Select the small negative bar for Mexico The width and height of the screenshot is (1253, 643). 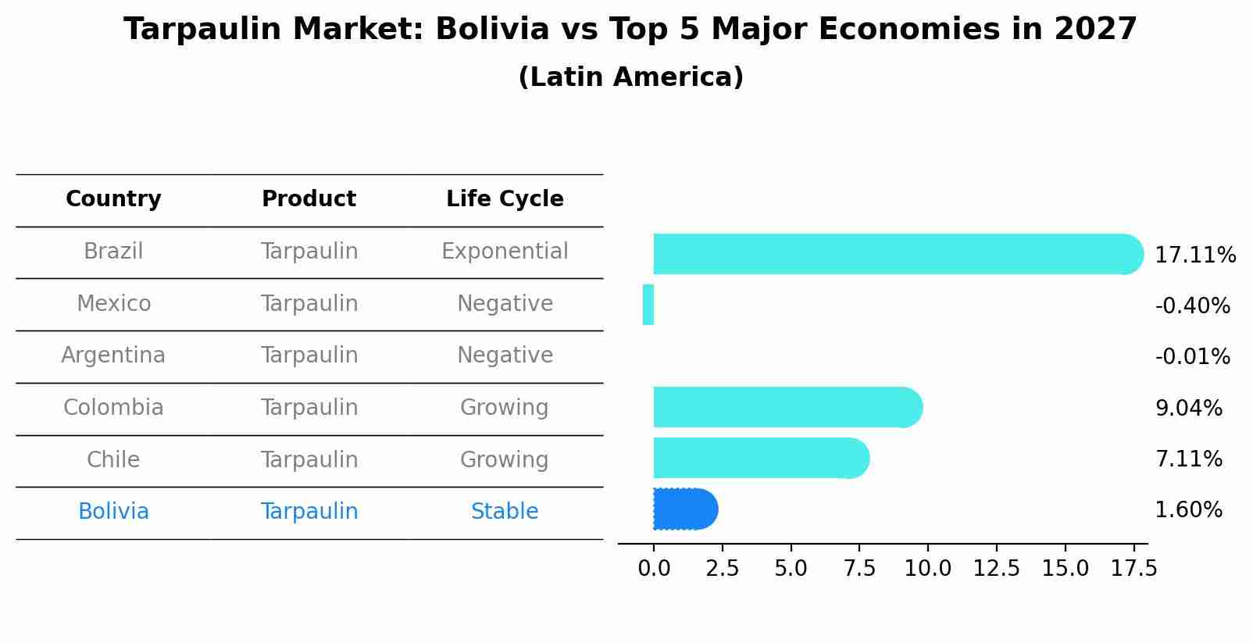[648, 305]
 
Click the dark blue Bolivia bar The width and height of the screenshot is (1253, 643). [684, 509]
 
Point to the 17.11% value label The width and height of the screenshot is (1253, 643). [1194, 255]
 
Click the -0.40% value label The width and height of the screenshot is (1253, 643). [1192, 306]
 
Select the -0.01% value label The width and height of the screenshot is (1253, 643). [1192, 357]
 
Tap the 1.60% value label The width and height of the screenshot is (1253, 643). [1188, 510]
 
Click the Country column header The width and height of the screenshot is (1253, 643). [113, 199]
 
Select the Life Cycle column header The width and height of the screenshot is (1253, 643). [505, 199]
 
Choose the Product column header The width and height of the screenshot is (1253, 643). [309, 199]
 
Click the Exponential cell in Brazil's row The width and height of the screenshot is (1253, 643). [505, 252]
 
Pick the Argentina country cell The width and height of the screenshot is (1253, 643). [113, 355]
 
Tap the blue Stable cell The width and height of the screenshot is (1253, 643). [505, 512]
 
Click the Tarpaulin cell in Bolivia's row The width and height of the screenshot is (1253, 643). [309, 512]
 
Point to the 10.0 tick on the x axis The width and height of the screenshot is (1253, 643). [928, 569]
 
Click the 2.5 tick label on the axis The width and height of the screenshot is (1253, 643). [722, 569]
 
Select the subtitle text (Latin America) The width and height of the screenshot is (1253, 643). [630, 77]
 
